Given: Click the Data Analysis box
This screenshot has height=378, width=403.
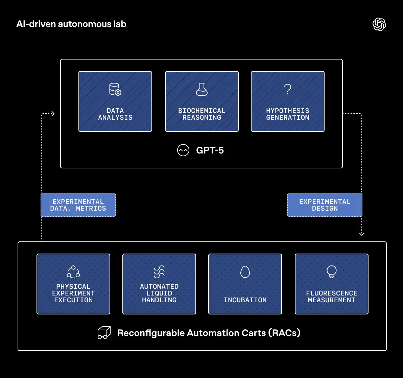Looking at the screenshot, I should point(115,101).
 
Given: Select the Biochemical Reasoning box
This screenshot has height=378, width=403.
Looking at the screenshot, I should point(202,101).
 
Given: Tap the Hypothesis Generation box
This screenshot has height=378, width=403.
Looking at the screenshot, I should point(288,101).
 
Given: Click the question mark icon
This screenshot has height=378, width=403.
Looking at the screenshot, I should point(288,89).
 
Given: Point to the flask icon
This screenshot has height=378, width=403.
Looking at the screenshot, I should point(202,89).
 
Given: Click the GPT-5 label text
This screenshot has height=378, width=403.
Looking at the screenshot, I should point(210,150).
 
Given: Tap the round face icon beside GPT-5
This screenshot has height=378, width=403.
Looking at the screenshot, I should point(183,150).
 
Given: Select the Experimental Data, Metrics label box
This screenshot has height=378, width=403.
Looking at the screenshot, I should point(78,205).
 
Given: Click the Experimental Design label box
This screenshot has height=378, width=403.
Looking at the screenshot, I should point(325,205).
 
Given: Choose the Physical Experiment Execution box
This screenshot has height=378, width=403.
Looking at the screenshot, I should point(73,284).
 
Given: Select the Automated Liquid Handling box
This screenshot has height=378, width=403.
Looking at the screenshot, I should point(159,284).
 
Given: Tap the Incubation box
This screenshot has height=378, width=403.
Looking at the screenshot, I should point(245,284).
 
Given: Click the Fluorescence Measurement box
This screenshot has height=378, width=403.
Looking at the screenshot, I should point(332,284).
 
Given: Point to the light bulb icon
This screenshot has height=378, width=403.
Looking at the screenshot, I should point(332,272).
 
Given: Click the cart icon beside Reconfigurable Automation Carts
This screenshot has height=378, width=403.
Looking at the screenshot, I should point(104,333).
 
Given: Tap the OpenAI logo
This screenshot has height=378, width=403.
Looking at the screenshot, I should point(379,24).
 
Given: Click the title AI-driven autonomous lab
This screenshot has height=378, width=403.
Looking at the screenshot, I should point(71,24).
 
